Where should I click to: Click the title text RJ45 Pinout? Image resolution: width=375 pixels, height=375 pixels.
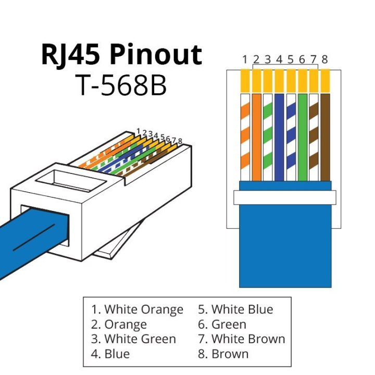121,55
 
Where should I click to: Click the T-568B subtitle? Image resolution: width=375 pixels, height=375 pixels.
121,84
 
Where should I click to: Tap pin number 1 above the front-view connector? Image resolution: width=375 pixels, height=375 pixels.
245,59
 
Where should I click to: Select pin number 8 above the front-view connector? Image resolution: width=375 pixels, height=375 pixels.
325,59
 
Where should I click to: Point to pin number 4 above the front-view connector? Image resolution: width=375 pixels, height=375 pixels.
279,59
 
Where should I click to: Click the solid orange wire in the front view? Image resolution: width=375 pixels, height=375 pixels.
256,135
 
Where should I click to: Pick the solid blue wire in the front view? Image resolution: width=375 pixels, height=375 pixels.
279,135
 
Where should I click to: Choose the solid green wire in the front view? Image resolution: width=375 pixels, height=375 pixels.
302,135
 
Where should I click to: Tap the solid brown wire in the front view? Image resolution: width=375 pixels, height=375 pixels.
325,135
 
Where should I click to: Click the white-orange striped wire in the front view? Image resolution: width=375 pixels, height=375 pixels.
245,135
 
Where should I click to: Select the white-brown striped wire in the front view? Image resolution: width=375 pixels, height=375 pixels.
314,135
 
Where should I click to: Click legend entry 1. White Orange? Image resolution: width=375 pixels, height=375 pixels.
137,309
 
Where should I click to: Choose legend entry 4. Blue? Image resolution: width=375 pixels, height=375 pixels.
110,354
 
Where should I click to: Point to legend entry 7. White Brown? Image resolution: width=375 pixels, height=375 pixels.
241,339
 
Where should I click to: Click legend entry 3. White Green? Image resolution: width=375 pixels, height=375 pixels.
133,339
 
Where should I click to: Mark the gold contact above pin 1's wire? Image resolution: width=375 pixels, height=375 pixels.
245,81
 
